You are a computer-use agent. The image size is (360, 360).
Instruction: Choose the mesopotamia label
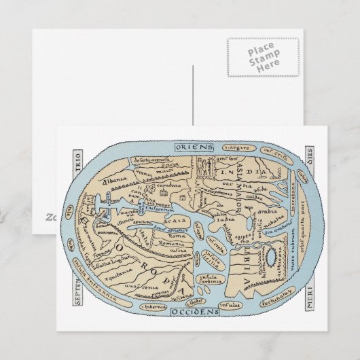(x=221, y=192)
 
